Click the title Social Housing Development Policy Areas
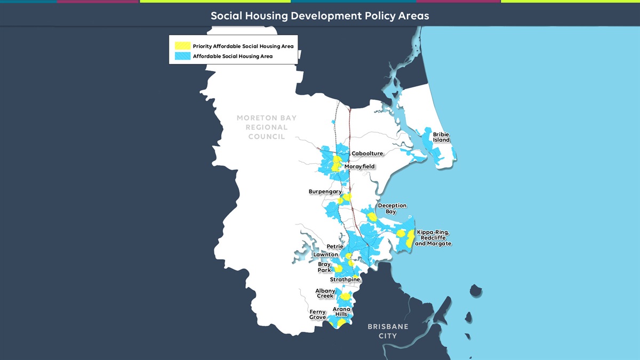click(319, 15)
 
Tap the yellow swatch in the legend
click(182, 46)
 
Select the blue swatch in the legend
click(182, 56)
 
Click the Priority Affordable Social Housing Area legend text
click(243, 46)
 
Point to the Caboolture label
click(367, 154)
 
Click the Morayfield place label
click(359, 166)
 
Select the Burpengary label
click(325, 191)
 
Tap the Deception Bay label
click(392, 209)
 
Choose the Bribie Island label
click(441, 137)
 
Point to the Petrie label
click(335, 246)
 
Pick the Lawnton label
click(325, 254)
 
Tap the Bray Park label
click(324, 267)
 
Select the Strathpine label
click(345, 279)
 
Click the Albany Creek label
click(325, 293)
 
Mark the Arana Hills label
click(341, 311)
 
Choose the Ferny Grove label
click(317, 315)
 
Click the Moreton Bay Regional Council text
click(267, 127)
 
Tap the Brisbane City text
click(388, 331)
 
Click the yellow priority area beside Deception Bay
click(372, 217)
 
